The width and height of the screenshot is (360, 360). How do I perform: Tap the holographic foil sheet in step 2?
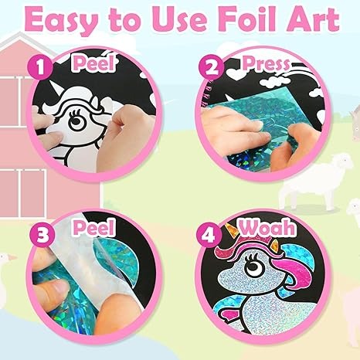pos(263,143)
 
